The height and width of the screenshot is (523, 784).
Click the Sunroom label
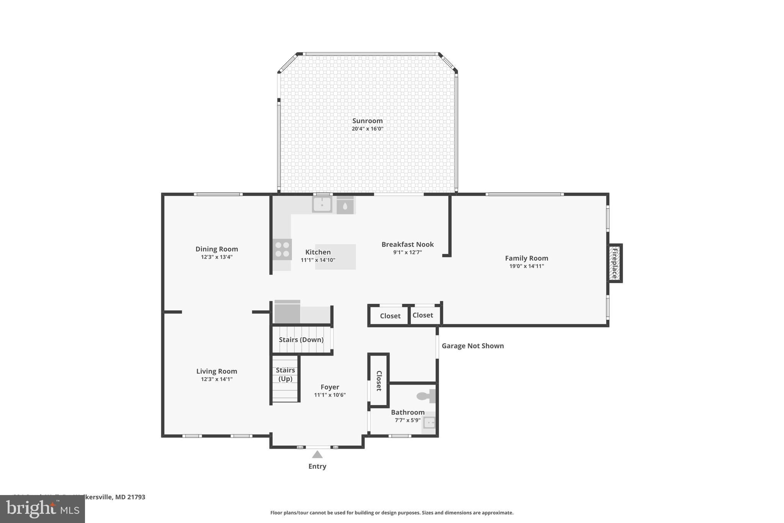point(367,121)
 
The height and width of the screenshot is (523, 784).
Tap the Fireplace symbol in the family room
point(614,263)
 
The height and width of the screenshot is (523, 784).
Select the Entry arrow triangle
point(317,454)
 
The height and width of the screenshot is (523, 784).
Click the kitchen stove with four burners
point(282,249)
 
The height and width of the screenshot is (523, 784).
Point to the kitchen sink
point(322,205)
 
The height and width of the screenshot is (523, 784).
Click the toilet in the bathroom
point(425,396)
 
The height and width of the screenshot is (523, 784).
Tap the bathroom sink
point(429,423)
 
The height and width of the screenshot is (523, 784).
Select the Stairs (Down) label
point(301,339)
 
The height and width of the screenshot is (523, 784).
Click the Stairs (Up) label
point(285,374)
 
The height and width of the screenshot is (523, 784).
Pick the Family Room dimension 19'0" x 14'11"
point(526,266)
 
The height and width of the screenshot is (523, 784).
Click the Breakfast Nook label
point(407,244)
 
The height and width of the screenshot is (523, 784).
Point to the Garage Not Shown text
point(472,346)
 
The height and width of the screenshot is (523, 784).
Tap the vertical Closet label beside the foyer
point(379,380)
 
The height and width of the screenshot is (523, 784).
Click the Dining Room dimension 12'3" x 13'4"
point(217,257)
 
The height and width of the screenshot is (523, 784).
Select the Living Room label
point(217,371)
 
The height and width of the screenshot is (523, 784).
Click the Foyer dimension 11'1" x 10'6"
point(330,395)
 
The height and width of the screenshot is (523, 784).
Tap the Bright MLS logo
point(42,509)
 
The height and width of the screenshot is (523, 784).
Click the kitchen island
point(335,257)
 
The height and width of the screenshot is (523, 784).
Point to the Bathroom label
point(407,412)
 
